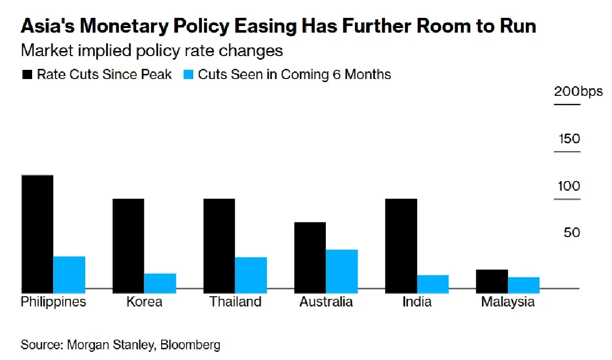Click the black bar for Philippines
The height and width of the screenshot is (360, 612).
pyautogui.click(x=37, y=232)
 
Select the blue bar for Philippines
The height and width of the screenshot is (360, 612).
pyautogui.click(x=69, y=272)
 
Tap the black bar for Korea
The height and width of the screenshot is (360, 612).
pyautogui.click(x=128, y=244)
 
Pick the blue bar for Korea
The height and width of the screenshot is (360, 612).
pyautogui.click(x=160, y=281)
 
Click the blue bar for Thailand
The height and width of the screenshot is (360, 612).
pyautogui.click(x=251, y=273)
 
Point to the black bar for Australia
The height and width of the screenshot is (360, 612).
pyautogui.click(x=310, y=255)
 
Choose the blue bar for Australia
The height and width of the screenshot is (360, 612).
pyautogui.click(x=342, y=269)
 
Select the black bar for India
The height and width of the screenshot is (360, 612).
pyautogui.click(x=401, y=244)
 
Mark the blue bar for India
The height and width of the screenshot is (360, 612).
pyautogui.click(x=433, y=282)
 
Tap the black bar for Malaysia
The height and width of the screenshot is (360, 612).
pyautogui.click(x=492, y=279)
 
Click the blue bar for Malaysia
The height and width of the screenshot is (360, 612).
pyautogui.click(x=524, y=283)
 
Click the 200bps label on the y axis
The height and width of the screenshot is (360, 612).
pyautogui.click(x=578, y=92)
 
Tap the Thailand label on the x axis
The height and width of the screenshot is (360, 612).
pyautogui.click(x=235, y=302)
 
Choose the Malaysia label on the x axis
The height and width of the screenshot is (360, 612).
pyautogui.click(x=507, y=302)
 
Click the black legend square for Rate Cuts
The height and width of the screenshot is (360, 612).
pyautogui.click(x=27, y=75)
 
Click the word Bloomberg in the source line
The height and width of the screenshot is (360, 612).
pyautogui.click(x=190, y=345)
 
